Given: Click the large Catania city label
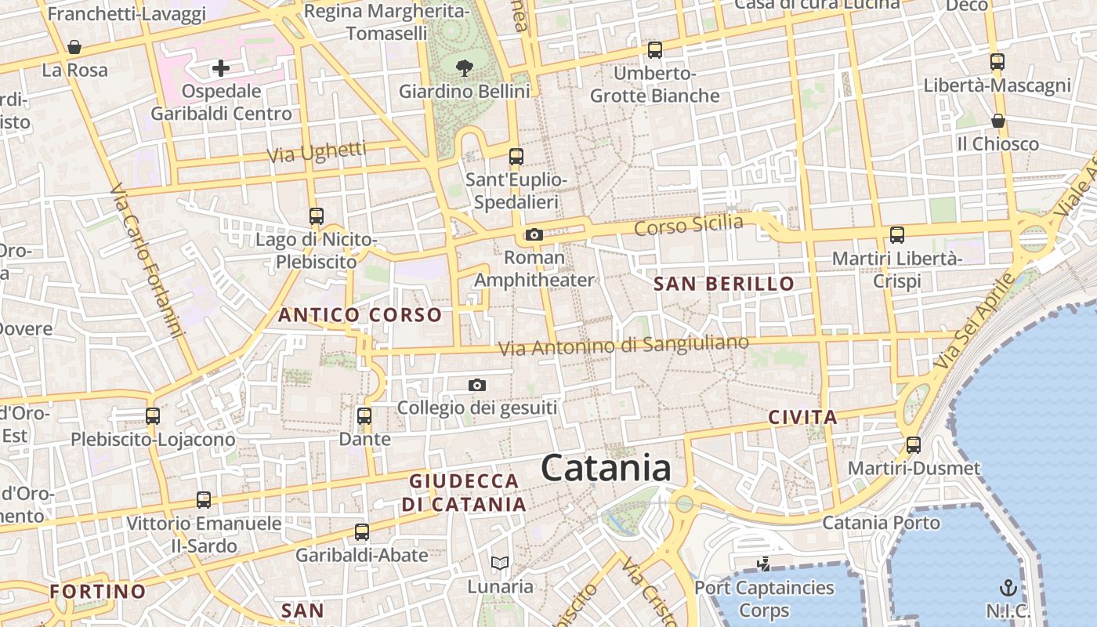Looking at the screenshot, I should (x=605, y=469).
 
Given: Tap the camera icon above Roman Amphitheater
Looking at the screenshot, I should (x=534, y=234).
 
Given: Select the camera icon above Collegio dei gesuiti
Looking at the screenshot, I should (x=476, y=385).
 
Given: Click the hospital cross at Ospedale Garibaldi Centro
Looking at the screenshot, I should (x=221, y=68).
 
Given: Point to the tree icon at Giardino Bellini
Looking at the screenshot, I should (x=465, y=67).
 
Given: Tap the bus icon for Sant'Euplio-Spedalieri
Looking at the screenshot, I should (x=516, y=157).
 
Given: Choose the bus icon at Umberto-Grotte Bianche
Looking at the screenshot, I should (x=654, y=50).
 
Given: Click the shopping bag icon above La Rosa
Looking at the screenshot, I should (x=74, y=47).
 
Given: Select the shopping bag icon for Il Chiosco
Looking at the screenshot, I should (x=997, y=121).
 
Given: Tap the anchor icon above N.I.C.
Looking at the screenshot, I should (x=1007, y=587).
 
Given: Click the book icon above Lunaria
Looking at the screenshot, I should (x=499, y=563).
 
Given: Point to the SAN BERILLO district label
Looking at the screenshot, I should (x=724, y=284).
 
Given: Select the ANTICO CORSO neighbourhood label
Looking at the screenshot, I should (x=360, y=315).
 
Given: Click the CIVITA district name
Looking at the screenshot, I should (x=803, y=417).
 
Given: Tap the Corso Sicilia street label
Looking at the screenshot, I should (x=689, y=225).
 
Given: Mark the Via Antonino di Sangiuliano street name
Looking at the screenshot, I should (x=624, y=345).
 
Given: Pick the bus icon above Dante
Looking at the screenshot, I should (x=364, y=415).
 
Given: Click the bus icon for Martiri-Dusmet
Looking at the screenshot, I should (x=913, y=445).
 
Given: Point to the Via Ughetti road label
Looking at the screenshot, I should (x=317, y=152).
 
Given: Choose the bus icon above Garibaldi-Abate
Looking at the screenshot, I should (x=361, y=532).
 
